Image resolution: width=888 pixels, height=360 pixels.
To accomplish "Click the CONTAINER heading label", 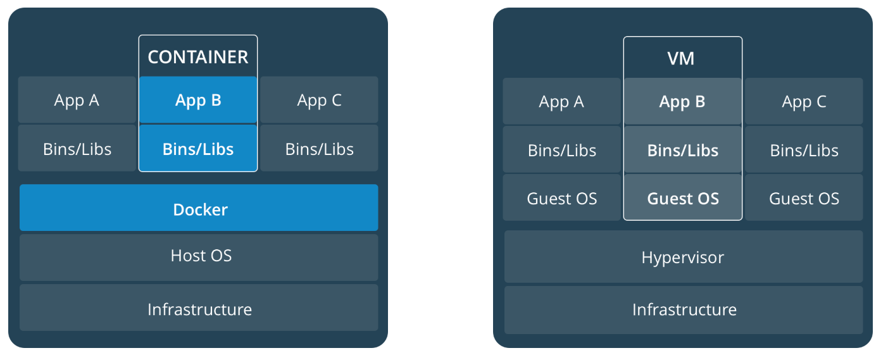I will pos(198,57).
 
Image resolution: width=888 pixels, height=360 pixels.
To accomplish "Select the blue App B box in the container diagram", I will pos(198,100).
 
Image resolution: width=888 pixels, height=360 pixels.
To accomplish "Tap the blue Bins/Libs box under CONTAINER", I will pos(198,149).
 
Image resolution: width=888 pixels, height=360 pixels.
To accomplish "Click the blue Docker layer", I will pos(199,208).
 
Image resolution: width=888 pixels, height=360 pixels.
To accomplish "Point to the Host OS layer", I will pos(199,256).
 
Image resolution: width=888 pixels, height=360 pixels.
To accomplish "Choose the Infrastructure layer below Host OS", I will pos(199,308).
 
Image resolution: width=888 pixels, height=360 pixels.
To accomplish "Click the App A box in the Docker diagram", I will pos(77,100).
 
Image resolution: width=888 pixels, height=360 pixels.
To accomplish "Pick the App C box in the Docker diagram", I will pos(319,100).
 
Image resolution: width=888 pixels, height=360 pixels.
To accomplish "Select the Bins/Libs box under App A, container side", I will pos(77,149).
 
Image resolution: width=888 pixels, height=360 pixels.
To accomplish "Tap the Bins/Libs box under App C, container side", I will pos(319,149).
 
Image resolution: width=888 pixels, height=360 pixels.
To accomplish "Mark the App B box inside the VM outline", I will pos(682,101).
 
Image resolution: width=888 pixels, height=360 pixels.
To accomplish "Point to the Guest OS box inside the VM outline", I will pos(682,198).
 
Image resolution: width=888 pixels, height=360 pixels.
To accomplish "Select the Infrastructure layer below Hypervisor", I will pos(683,309).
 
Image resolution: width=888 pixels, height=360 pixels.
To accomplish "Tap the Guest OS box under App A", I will pos(561,198).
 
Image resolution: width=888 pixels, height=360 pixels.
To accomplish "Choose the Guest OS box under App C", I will pos(804,198).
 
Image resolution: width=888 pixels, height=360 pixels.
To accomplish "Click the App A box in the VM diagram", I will pos(561,101).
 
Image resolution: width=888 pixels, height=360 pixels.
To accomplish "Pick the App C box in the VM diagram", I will pos(804,101).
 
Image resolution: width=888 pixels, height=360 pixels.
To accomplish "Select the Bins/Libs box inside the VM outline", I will pos(682,150).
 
